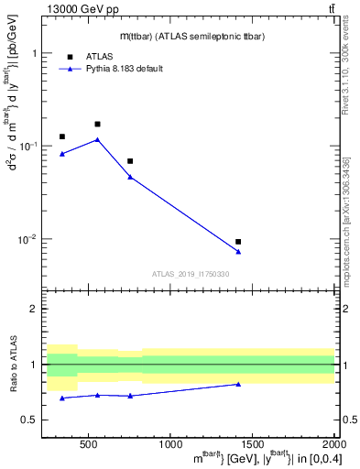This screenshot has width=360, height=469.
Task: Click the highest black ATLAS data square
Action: [97, 124]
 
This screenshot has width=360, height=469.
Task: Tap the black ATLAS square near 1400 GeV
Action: [238, 242]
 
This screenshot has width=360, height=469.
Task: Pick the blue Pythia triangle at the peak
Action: [97, 139]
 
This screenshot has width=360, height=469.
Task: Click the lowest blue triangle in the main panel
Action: [238, 252]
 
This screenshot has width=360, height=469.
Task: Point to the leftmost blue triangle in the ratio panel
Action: [62, 398]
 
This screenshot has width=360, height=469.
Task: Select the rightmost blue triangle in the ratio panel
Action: [238, 384]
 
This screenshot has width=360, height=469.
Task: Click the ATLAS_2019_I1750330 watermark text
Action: [191, 274]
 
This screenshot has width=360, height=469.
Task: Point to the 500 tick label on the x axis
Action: [89, 445]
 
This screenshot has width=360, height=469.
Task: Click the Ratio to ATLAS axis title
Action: [14, 364]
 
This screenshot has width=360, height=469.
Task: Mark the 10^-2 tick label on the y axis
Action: [32, 239]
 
